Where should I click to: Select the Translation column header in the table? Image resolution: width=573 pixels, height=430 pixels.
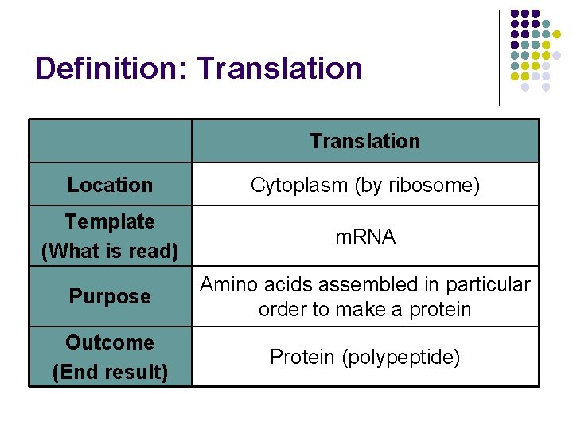(364, 141)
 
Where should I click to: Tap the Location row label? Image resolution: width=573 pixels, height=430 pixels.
(110, 185)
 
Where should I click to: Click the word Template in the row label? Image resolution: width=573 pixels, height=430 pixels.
(110, 221)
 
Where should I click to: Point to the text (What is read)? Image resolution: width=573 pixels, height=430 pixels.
(110, 251)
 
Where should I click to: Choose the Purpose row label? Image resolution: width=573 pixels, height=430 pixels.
(110, 296)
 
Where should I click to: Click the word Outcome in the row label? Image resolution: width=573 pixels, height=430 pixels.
(110, 342)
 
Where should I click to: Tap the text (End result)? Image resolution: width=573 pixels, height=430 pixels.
(110, 372)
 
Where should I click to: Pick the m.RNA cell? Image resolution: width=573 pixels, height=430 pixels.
(364, 236)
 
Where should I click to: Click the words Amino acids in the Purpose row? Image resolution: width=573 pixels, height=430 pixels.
(248, 285)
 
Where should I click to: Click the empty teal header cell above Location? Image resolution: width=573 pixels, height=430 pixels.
(110, 141)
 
